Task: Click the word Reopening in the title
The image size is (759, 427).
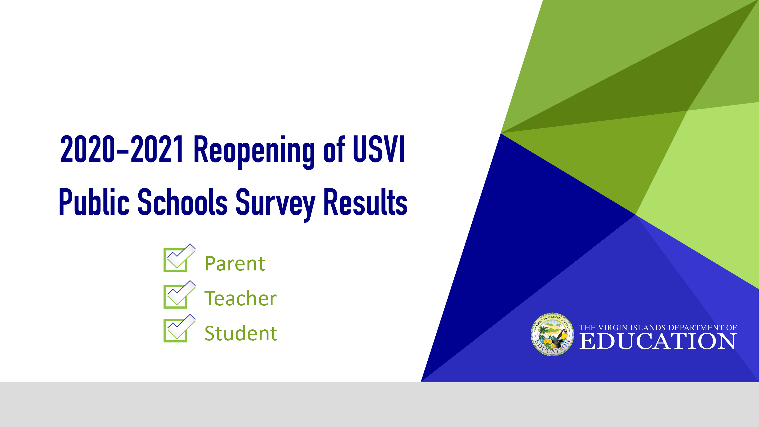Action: pyautogui.click(x=254, y=151)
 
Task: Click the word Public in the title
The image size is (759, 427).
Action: pyautogui.click(x=94, y=202)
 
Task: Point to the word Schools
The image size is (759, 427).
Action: pyautogui.click(x=182, y=202)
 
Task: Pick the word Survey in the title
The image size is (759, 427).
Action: pyautogui.click(x=275, y=205)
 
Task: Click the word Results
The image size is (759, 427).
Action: pyautogui.click(x=365, y=202)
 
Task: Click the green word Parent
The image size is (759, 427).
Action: pyautogui.click(x=235, y=264)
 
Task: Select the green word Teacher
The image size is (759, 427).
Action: pyautogui.click(x=240, y=298)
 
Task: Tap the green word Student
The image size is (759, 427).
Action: pyautogui.click(x=241, y=333)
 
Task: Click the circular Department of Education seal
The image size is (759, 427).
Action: pyautogui.click(x=552, y=334)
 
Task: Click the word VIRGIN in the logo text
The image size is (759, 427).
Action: pyautogui.click(x=614, y=328)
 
